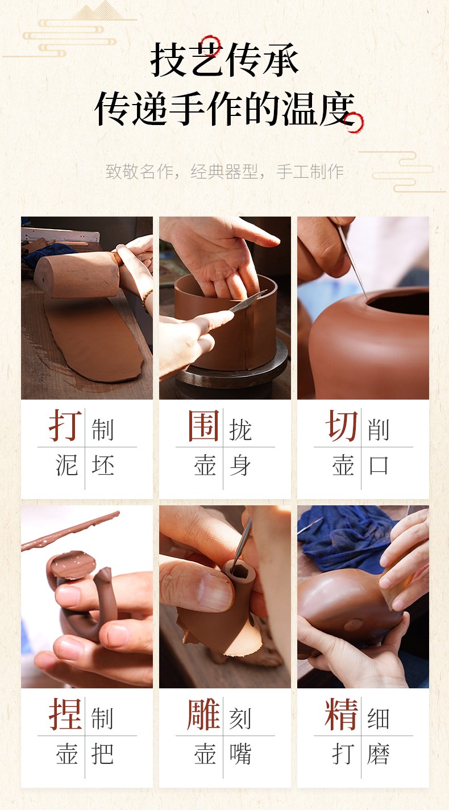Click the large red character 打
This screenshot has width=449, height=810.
point(65,426)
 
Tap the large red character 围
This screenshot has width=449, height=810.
point(203,426)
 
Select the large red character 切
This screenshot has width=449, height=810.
point(342,426)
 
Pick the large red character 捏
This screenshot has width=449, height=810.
point(65,714)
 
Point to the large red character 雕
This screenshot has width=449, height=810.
point(203,714)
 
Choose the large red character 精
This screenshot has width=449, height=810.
point(342,714)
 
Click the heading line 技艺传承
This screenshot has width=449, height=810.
point(224,60)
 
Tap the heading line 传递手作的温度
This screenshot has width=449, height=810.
point(224,108)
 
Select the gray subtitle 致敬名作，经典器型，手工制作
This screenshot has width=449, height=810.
point(224,172)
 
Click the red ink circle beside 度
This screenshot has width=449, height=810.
point(354,123)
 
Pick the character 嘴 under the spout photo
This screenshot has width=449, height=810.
point(240,754)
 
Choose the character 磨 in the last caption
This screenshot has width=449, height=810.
point(378,754)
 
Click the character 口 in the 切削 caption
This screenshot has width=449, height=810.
point(378,466)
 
